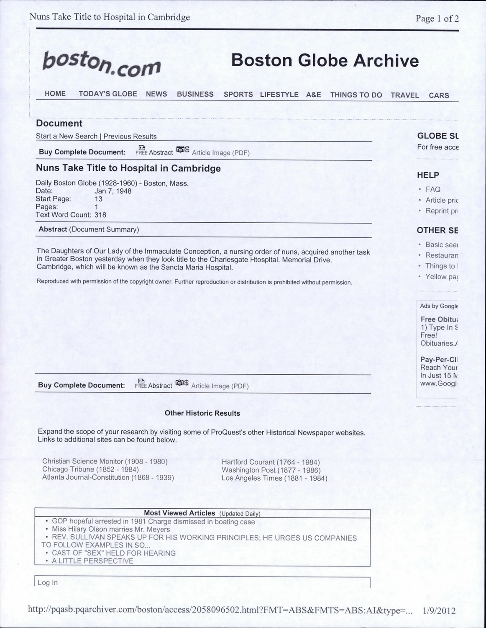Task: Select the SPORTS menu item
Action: tap(238, 95)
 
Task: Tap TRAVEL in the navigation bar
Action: tap(404, 95)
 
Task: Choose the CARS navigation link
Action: tap(439, 95)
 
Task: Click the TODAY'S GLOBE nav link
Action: tap(108, 94)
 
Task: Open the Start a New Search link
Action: tap(67, 136)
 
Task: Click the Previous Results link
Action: tap(130, 136)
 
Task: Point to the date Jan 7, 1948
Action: tap(113, 191)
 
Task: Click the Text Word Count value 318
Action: tap(100, 215)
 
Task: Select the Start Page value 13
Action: tap(98, 199)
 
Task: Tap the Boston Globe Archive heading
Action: tap(325, 61)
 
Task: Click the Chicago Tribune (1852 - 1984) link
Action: tap(90, 469)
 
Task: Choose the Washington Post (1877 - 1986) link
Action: tap(271, 470)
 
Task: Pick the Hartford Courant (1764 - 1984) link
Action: tap(271, 462)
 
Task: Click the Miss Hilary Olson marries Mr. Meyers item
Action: tap(111, 530)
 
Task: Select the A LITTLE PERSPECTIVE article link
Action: tap(92, 561)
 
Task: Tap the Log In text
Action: tap(48, 582)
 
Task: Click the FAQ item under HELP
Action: tap(433, 189)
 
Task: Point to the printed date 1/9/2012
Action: tap(439, 611)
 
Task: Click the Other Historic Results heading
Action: tap(202, 413)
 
